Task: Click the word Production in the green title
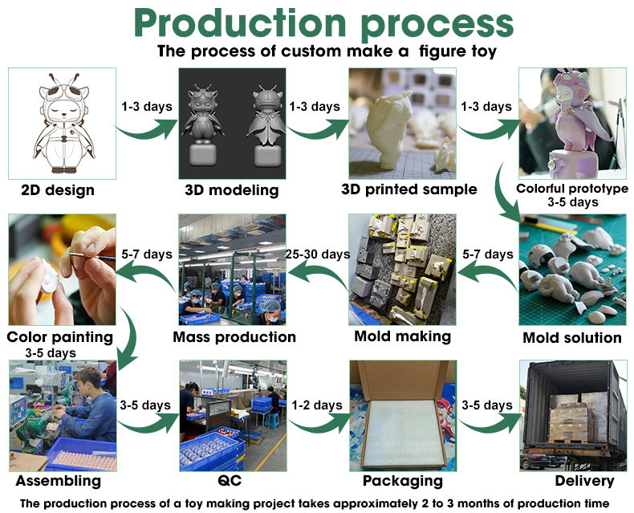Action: click(240, 23)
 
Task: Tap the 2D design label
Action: click(58, 190)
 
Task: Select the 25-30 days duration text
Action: click(318, 254)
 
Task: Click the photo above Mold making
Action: click(402, 269)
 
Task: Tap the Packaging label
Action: click(402, 480)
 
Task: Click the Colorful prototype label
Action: click(572, 189)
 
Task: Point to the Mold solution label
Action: click(572, 337)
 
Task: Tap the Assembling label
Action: click(58, 480)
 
